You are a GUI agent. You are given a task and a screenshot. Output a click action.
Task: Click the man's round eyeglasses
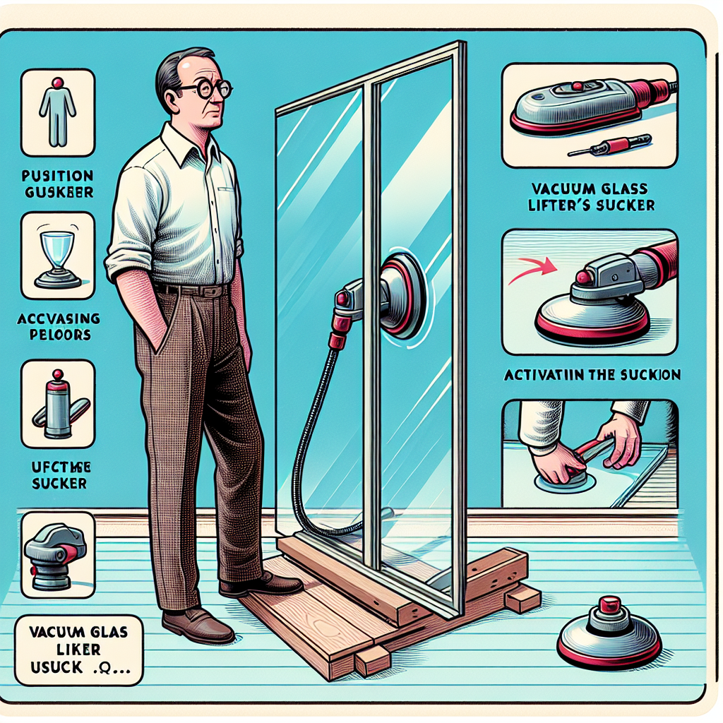205,90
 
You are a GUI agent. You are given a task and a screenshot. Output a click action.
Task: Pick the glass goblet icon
56,254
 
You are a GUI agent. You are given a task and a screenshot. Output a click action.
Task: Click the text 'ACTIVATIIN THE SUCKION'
592,375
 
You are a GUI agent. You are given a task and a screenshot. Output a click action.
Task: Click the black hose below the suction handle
318,424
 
